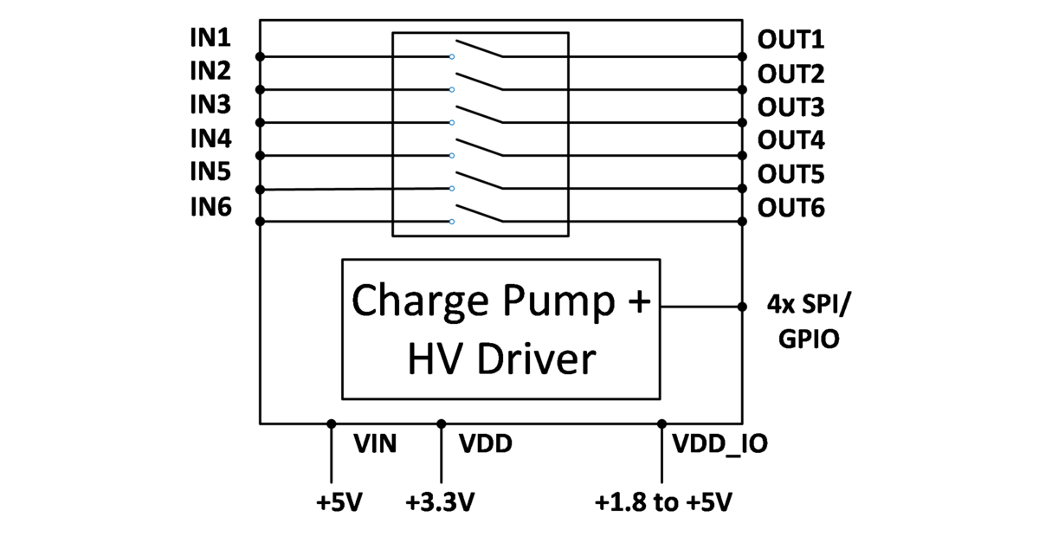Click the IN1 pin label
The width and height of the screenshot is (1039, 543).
[x=210, y=37]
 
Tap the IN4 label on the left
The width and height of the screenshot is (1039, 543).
[x=210, y=139]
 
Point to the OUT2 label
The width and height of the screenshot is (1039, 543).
[x=791, y=73]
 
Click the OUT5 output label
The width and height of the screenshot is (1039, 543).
[x=791, y=175]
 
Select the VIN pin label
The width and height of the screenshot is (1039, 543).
[x=375, y=444]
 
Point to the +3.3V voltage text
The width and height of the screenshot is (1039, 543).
[x=441, y=503]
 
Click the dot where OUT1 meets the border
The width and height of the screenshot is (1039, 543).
[x=742, y=56]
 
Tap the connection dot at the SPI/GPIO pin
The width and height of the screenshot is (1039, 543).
[x=742, y=306]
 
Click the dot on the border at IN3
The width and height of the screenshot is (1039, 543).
[x=260, y=122]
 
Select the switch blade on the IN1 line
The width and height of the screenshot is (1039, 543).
[x=479, y=48]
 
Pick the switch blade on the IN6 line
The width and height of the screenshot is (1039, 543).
[x=479, y=213]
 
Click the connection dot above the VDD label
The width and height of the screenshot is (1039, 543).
[x=441, y=423]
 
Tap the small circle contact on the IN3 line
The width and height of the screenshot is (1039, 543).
[x=452, y=122]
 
